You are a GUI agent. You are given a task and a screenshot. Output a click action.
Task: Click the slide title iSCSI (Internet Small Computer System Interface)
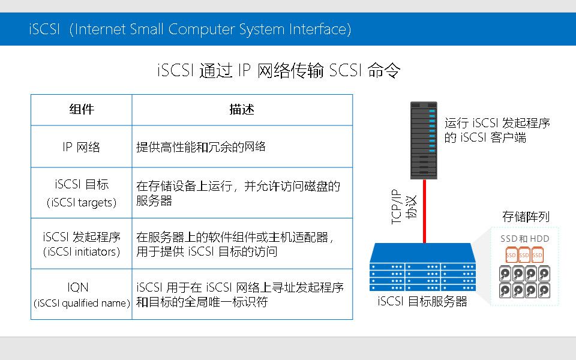pos(190,29)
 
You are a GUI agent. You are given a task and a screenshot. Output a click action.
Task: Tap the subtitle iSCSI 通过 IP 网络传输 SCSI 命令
pos(278,71)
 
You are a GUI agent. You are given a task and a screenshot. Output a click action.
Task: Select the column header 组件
pos(82,110)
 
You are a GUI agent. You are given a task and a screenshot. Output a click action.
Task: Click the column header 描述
pos(242,110)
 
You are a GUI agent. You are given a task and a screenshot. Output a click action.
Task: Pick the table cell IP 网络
pos(82,147)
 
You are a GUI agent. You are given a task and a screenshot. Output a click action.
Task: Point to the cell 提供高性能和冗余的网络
pos(201,147)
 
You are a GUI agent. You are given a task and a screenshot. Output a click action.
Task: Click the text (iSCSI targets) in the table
pos(82,203)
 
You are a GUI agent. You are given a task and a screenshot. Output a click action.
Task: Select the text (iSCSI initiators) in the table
pos(82,252)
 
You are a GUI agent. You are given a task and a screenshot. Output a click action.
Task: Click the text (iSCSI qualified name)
pos(82,304)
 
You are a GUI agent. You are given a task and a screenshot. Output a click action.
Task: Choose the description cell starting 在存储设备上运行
pos(238,193)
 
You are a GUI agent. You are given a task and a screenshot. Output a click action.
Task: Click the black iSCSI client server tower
pos(424,140)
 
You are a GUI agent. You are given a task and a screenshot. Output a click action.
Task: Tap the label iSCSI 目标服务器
pos(422,302)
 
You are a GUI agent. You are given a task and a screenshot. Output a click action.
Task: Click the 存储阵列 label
pos(526,217)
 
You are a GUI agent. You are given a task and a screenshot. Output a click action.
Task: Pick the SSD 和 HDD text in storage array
pos(525,239)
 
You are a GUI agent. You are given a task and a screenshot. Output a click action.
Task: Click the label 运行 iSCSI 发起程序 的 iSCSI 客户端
pos(497,130)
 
